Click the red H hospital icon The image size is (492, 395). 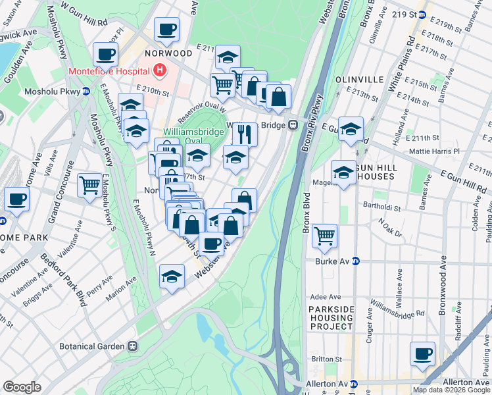pos(159,69)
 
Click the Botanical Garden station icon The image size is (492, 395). pos(133,346)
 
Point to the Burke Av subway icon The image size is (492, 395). pos(355,261)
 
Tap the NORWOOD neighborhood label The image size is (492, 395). pos(169,53)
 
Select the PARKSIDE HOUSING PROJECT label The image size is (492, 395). pos(333,317)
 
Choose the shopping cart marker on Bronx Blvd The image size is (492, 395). pos(324,235)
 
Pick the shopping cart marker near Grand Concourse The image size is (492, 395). pos(89,184)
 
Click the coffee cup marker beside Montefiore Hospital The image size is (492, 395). pos(105,54)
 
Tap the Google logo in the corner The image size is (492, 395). pos(22,387)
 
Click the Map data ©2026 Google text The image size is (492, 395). pos(451,390)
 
